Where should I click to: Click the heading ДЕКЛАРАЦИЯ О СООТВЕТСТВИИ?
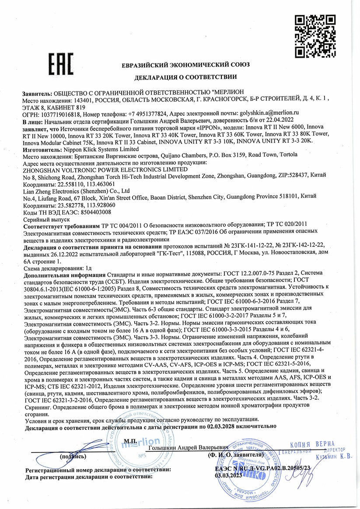click(x=185, y=77)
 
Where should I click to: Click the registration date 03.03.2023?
click(x=228, y=476)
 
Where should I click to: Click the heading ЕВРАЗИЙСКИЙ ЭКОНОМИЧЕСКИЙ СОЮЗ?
click(x=185, y=64)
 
